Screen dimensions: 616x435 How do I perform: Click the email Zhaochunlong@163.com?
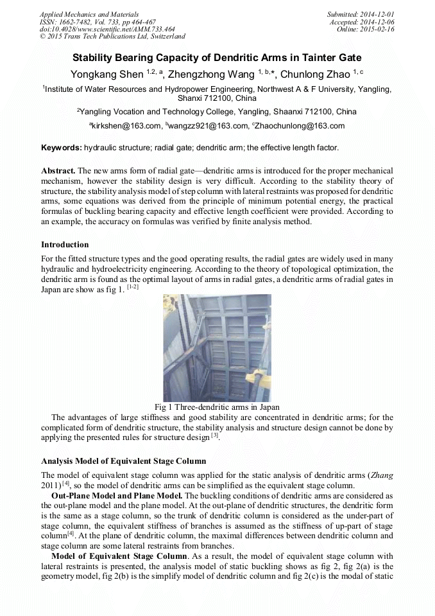(x=302, y=126)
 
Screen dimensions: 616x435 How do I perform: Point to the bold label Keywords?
(x=62, y=148)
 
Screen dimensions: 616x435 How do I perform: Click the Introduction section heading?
(x=65, y=245)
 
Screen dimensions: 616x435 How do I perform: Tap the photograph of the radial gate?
(x=217, y=347)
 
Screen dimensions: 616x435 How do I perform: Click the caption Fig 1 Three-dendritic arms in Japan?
(x=217, y=407)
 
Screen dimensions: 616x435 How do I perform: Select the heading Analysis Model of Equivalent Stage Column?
(x=124, y=461)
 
